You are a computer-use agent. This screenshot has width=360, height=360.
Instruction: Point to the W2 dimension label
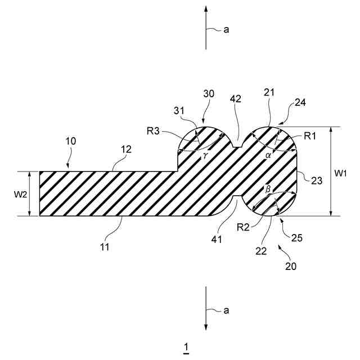(x=19, y=194)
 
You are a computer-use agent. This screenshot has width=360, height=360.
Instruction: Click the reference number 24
(x=301, y=103)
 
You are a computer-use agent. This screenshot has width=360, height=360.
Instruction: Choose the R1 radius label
(x=310, y=136)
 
